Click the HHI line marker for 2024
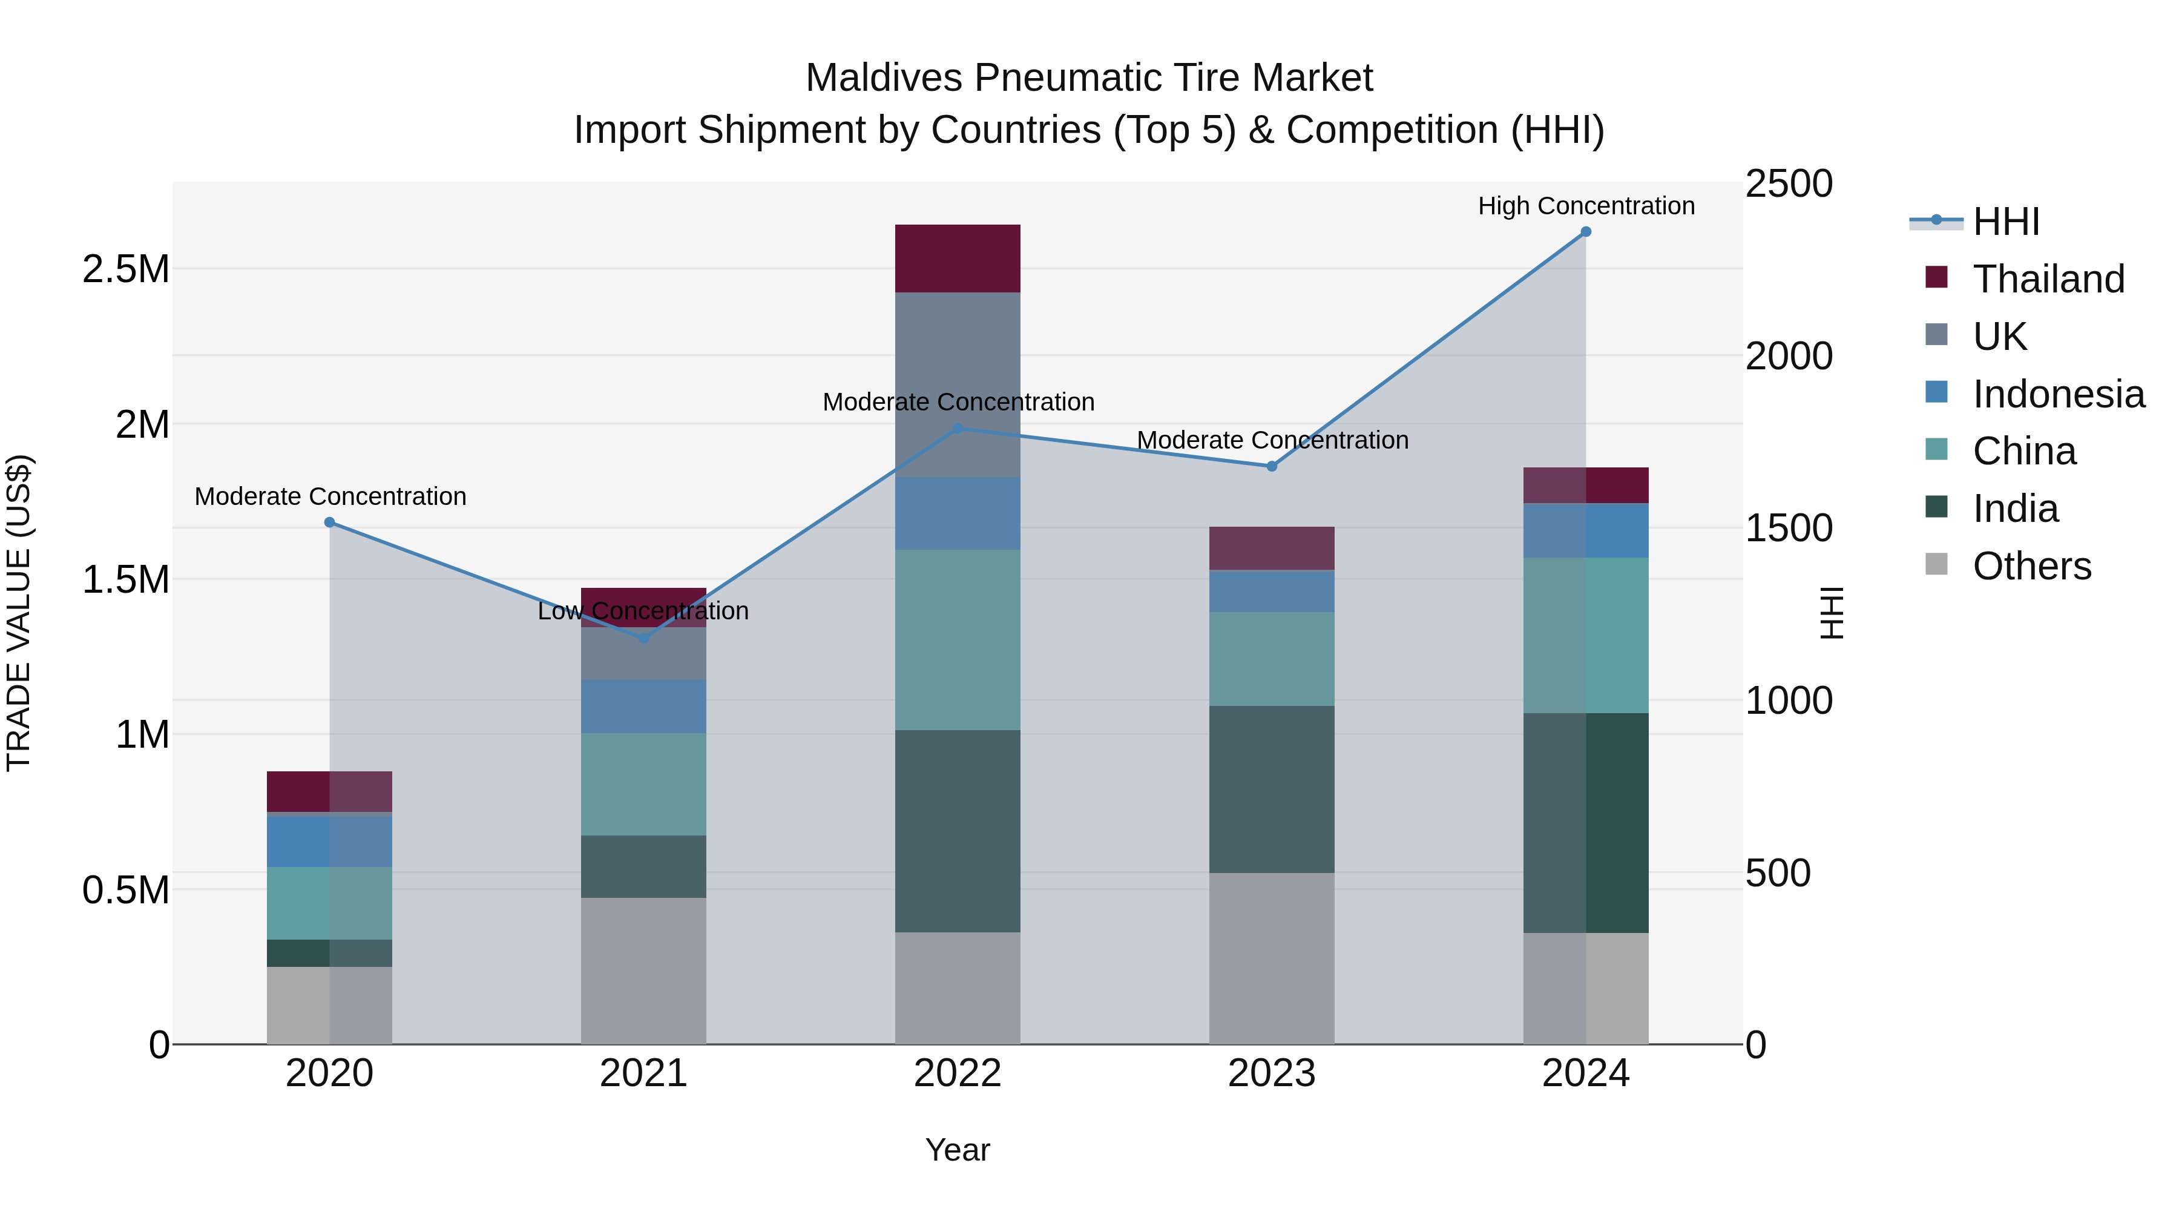tap(1585, 232)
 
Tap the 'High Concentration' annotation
tap(1585, 206)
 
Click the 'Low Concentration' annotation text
tap(643, 611)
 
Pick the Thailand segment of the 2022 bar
tap(958, 258)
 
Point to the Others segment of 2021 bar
tap(643, 971)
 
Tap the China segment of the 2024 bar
tap(1585, 634)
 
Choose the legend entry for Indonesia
tap(2057, 394)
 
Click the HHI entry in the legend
tap(2005, 222)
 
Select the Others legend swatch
tap(1936, 564)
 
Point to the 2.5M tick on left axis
tap(125, 269)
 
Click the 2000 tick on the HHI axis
tap(1788, 356)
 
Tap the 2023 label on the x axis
tap(1271, 1073)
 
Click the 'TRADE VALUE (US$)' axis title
tap(19, 613)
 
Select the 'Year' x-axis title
tap(958, 1150)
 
